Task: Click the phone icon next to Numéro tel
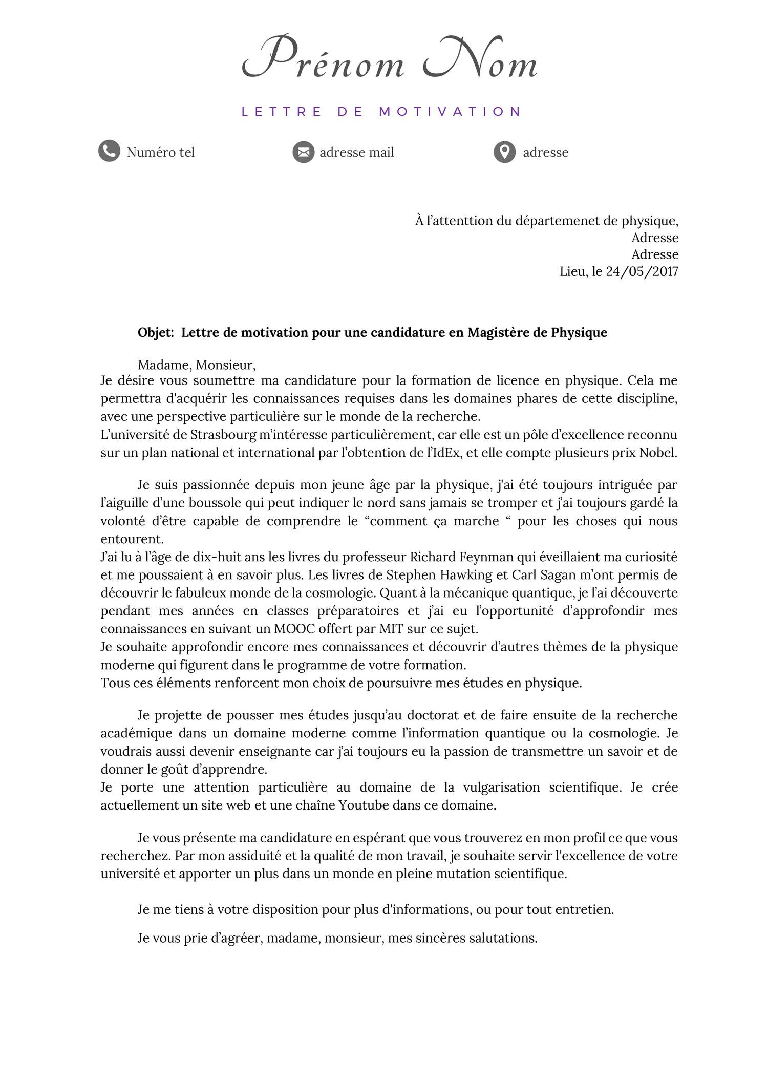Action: [109, 151]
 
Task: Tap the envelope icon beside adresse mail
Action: [303, 152]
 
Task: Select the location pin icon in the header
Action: [504, 152]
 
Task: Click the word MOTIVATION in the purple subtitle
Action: [450, 111]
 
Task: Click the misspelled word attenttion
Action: [460, 221]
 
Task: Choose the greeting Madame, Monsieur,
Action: [197, 365]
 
